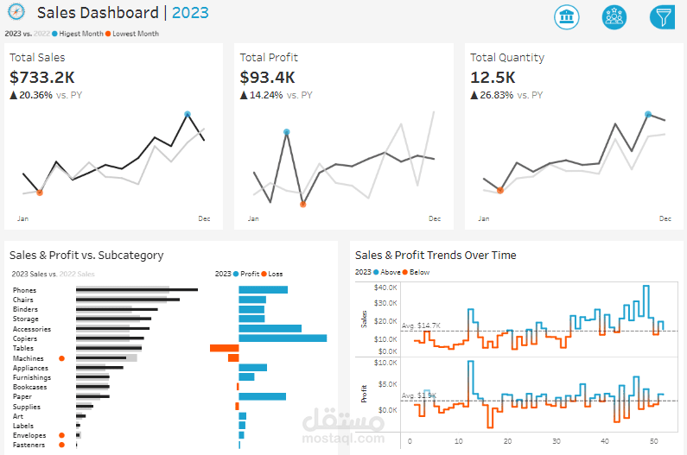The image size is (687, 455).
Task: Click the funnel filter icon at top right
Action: (663, 17)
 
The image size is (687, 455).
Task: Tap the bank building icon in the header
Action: (567, 17)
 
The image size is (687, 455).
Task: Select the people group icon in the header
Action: (614, 17)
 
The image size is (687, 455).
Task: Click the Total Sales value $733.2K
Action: (42, 78)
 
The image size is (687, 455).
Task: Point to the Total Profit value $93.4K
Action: (268, 78)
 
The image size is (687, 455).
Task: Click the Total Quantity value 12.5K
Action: (493, 78)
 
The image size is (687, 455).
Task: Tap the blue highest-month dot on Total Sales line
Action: (188, 114)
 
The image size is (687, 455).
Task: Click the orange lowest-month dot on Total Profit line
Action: (302, 205)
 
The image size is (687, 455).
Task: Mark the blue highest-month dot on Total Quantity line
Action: (648, 113)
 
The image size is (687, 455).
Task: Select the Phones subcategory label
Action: (25, 290)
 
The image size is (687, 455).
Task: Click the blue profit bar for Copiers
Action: (283, 338)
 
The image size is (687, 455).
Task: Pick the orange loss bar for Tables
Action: (224, 348)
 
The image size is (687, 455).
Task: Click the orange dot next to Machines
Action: (61, 357)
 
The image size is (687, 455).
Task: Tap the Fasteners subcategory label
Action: (29, 445)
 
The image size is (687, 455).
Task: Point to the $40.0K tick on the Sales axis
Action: (385, 287)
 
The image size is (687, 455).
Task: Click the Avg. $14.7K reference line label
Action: (421, 325)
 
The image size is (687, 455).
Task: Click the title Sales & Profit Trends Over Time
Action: (436, 256)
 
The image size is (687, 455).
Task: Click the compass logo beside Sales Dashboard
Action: (16, 13)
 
